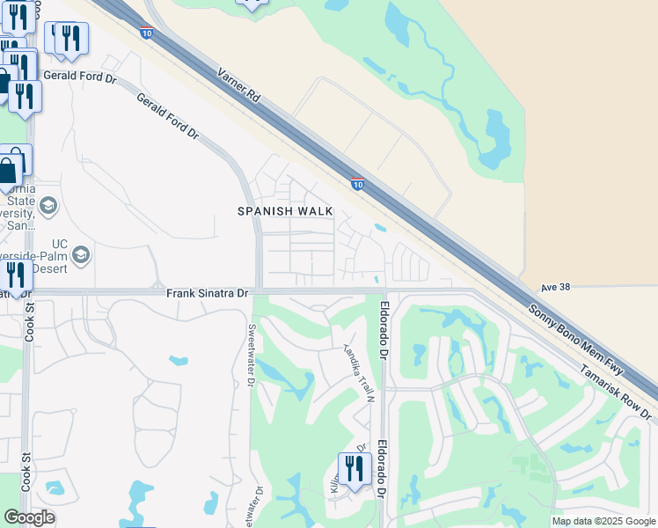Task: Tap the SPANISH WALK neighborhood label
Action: point(285,211)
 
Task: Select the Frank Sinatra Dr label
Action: point(208,292)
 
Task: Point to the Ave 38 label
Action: point(556,287)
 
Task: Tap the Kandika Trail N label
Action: point(360,370)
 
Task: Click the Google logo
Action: point(29,517)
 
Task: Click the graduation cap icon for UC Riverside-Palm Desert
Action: point(81,255)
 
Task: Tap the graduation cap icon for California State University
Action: point(48,207)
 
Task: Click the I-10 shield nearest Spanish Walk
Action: point(357,184)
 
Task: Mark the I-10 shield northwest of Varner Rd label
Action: point(145,33)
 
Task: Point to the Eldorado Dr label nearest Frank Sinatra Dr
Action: point(384,331)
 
